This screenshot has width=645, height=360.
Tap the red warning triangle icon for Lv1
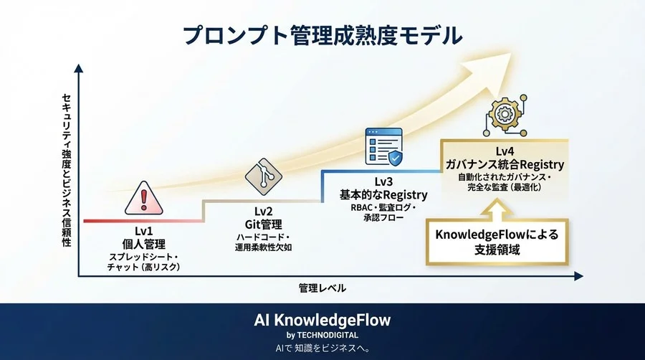[x=144, y=197]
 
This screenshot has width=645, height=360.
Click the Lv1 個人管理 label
[x=143, y=237]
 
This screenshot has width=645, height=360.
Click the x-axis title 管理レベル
[x=322, y=288]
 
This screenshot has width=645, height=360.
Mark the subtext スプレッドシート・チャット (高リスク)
[x=143, y=261]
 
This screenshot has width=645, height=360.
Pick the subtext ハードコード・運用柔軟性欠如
[x=262, y=242]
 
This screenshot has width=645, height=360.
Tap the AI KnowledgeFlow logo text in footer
[x=322, y=319]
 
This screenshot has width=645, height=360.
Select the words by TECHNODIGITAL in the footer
[x=322, y=334]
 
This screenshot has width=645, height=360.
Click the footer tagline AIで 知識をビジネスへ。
[x=322, y=349]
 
